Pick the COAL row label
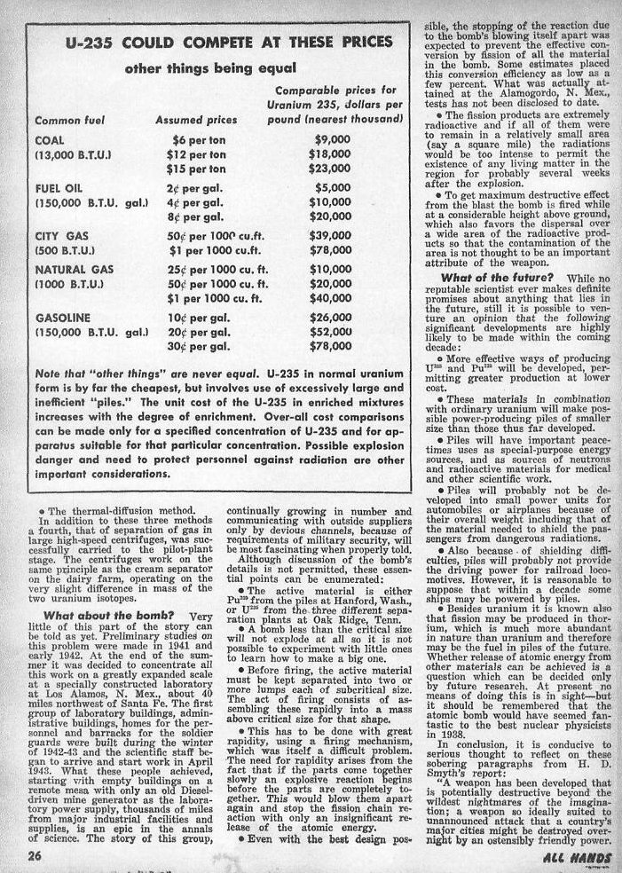click(49, 140)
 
